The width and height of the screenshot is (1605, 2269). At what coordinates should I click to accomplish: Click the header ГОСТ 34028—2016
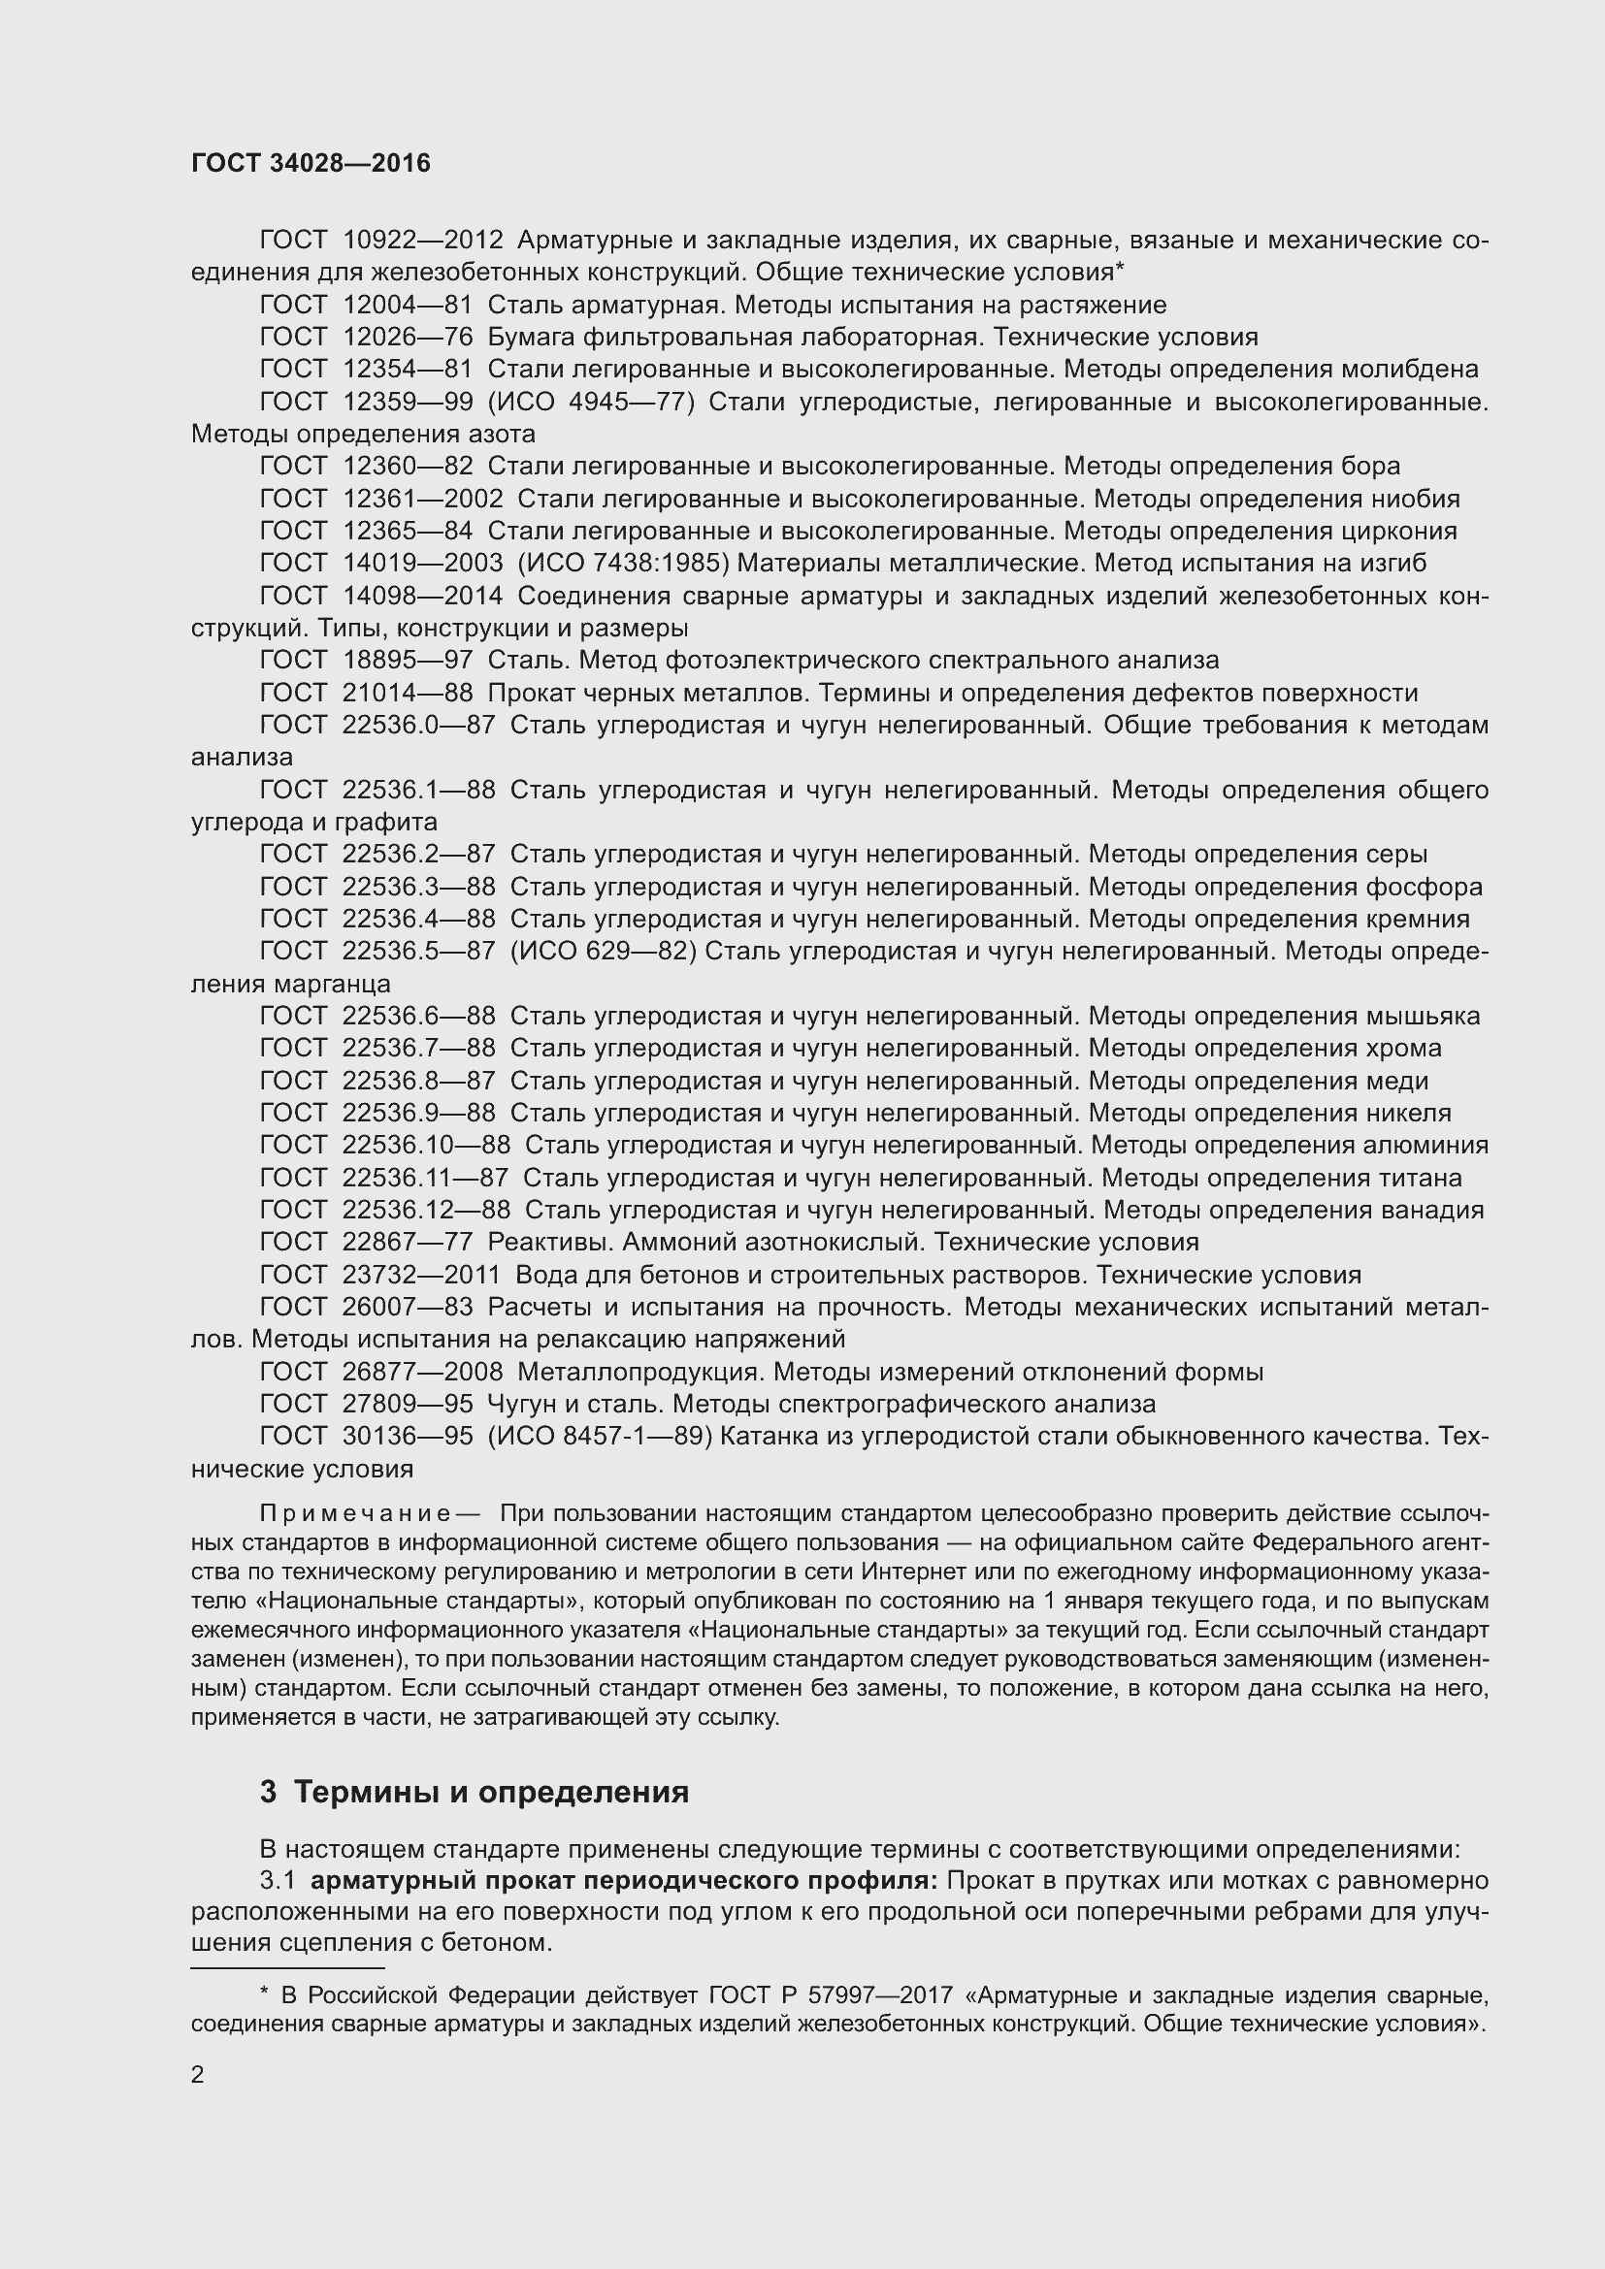[311, 164]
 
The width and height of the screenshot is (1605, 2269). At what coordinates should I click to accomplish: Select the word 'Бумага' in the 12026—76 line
[531, 337]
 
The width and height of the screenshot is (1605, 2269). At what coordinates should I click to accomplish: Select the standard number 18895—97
[408, 661]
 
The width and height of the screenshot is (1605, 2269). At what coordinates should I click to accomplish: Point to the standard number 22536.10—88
[426, 1146]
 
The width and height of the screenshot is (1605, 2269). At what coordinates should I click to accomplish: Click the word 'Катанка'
[766, 1436]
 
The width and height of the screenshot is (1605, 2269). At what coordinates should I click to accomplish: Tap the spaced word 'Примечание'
[355, 1514]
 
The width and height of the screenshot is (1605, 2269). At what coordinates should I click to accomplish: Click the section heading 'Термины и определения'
[491, 1792]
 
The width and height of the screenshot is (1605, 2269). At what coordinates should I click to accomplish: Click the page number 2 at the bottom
[198, 2075]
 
